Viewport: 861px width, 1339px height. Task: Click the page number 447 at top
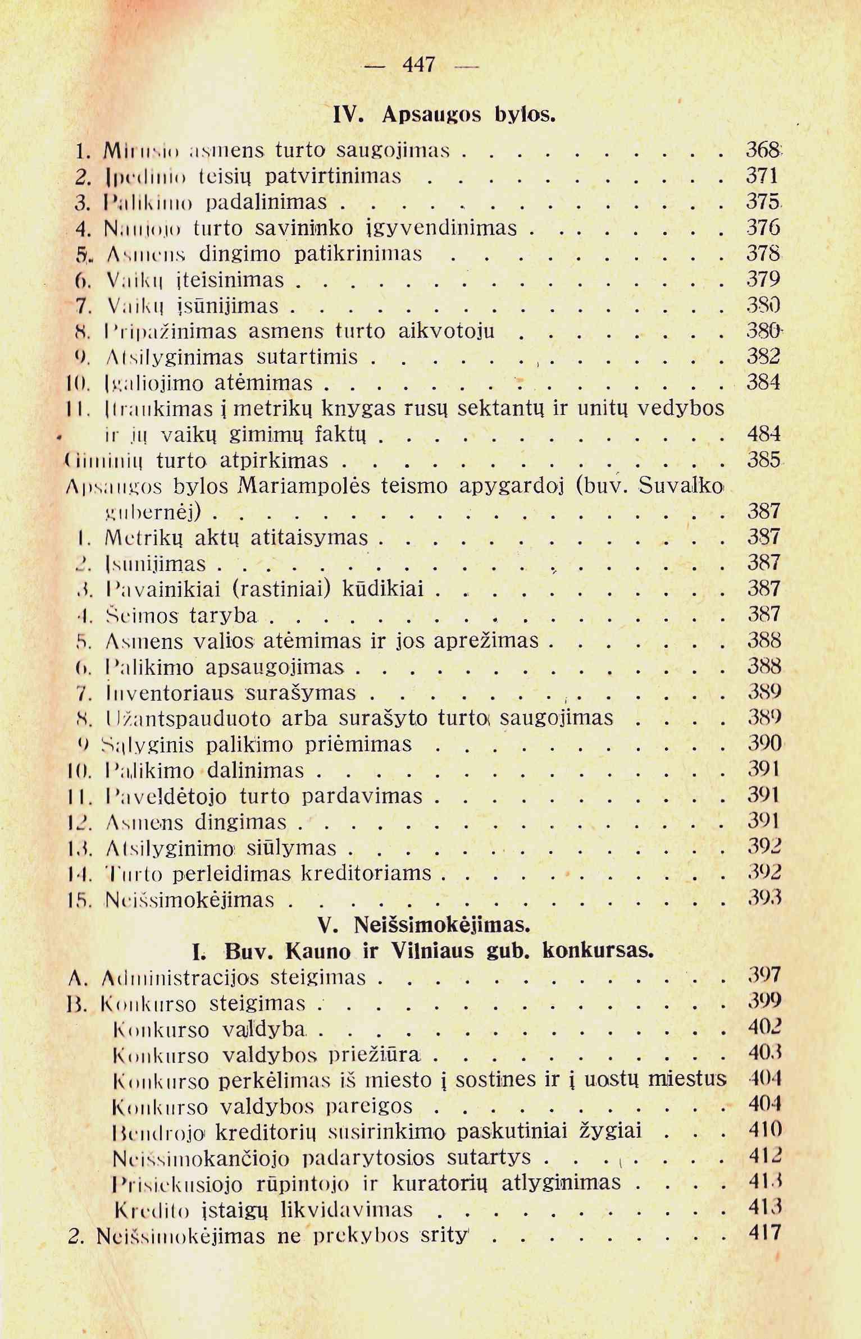(419, 65)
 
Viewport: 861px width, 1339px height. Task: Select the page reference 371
(762, 176)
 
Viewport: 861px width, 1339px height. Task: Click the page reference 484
(764, 434)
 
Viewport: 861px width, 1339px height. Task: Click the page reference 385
(764, 460)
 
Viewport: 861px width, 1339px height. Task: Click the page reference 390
(764, 744)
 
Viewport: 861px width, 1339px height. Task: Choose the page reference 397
(764, 977)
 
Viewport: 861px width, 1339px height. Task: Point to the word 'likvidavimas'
(347, 1208)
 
